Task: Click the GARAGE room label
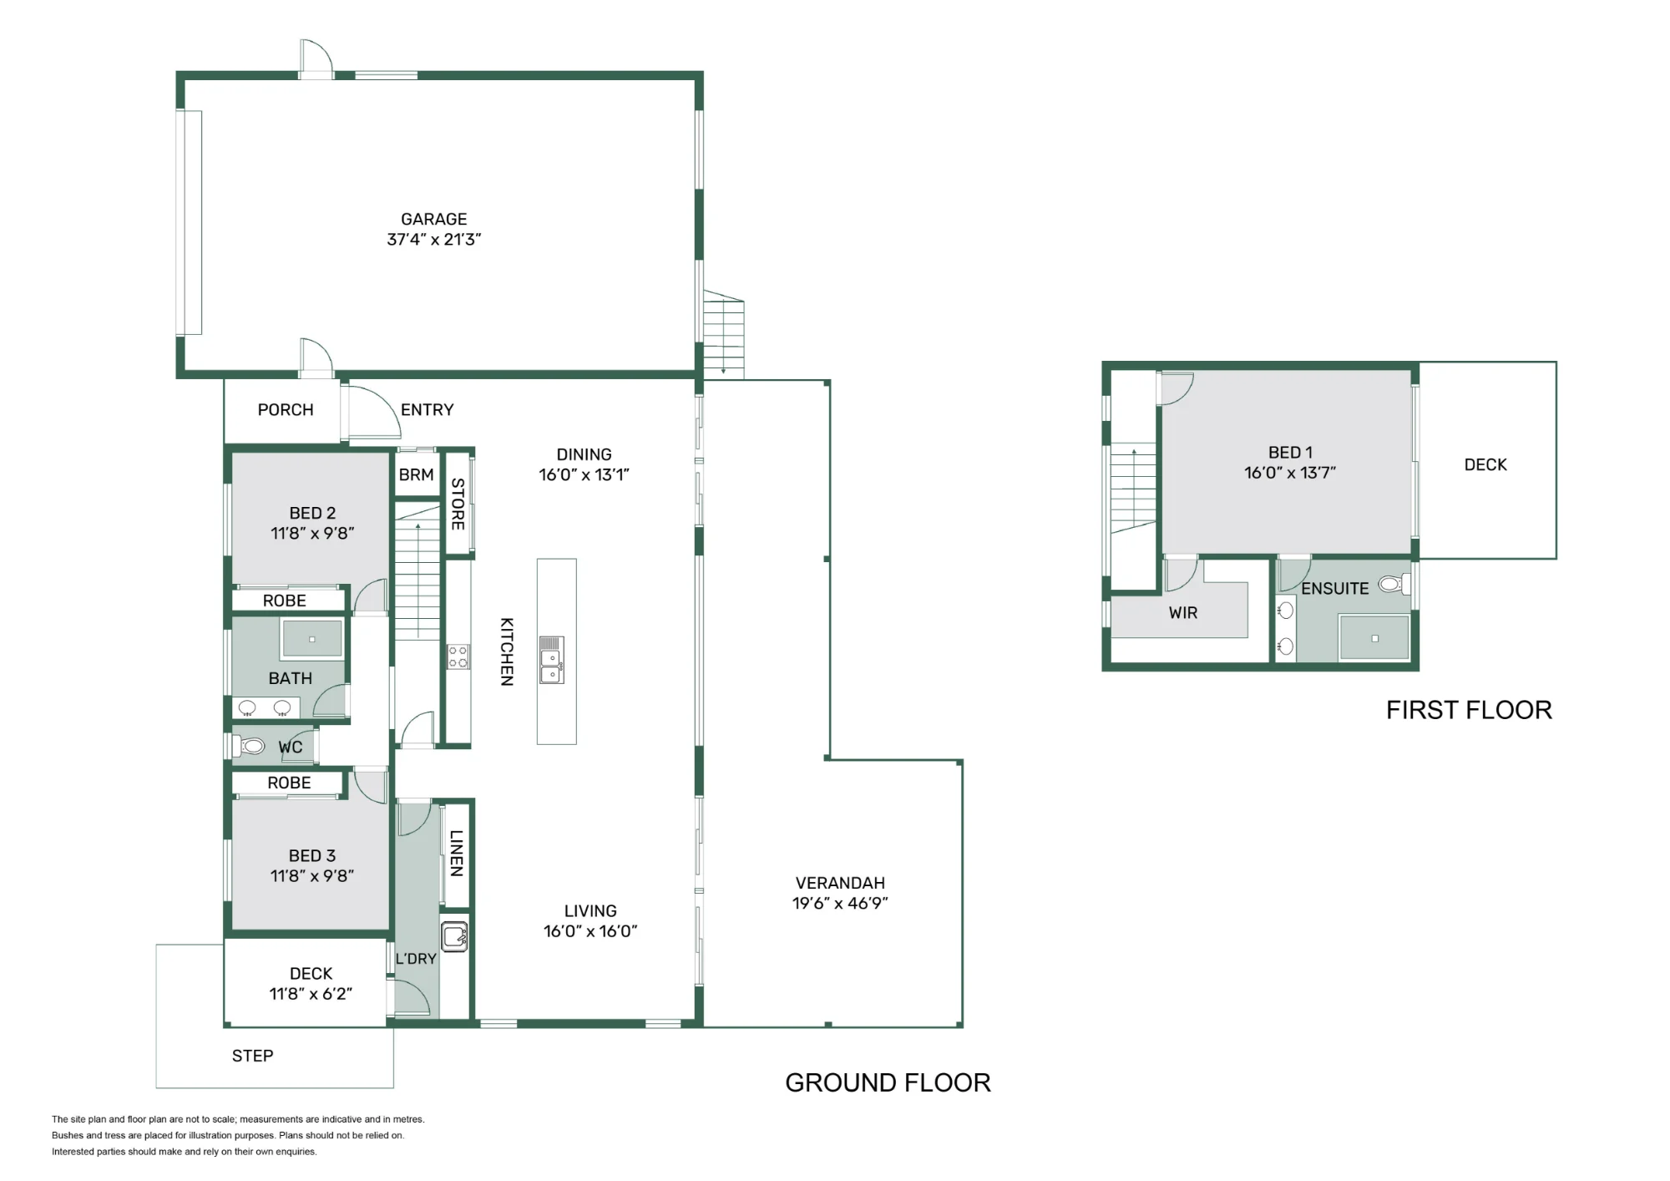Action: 433,219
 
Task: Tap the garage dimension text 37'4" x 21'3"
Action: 433,240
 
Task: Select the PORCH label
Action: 286,410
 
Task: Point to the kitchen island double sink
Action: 551,660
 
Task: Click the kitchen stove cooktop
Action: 458,656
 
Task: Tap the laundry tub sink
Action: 454,936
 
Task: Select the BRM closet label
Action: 416,475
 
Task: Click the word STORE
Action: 458,504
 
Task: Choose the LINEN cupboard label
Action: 456,853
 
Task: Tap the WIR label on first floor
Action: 1183,613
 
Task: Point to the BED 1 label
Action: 1290,453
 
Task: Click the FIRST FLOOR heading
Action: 1469,710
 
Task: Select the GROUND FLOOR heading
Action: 888,1082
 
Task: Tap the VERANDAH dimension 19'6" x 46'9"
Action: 840,903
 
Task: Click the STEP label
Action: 252,1056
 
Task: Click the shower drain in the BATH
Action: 311,640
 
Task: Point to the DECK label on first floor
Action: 1485,465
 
